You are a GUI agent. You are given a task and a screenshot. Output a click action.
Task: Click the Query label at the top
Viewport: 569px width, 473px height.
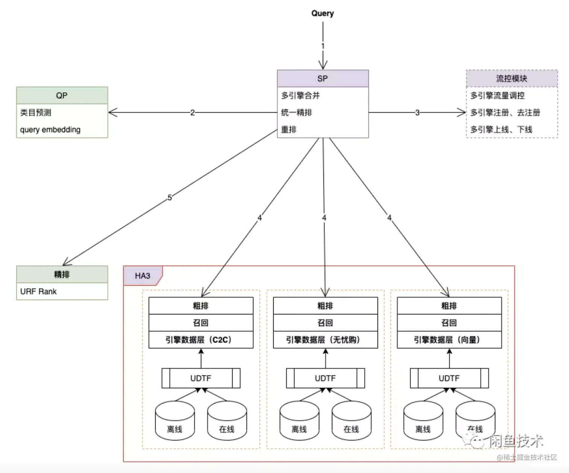tap(323, 14)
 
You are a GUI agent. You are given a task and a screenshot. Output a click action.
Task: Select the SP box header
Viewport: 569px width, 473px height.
tap(323, 79)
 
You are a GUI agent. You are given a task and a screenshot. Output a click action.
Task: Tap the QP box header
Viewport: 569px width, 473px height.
tap(62, 96)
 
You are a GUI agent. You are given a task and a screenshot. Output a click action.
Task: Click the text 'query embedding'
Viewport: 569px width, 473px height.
tap(50, 130)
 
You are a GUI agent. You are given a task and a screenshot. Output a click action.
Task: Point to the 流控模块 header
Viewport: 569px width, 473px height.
tap(511, 79)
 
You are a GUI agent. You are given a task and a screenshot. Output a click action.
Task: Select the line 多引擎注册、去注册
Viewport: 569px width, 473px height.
tap(505, 112)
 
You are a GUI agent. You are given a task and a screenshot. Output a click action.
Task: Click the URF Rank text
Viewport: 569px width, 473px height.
tap(38, 291)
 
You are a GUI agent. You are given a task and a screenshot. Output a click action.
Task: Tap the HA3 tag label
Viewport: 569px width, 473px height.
tap(143, 276)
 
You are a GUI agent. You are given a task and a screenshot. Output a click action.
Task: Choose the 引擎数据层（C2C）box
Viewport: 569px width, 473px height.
tap(201, 340)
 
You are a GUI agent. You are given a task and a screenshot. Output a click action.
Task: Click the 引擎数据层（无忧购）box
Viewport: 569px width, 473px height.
tap(325, 340)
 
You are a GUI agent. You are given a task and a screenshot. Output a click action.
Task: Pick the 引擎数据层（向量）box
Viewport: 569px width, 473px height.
tap(449, 340)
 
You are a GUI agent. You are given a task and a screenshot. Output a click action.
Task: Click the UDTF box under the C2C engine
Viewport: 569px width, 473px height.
tap(201, 378)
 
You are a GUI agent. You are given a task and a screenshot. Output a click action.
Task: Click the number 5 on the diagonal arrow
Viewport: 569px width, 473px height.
tap(170, 197)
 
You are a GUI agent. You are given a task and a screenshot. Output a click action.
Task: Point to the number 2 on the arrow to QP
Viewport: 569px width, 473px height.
tap(192, 112)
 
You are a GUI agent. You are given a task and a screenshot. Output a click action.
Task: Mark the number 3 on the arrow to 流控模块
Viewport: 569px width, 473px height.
tap(417, 112)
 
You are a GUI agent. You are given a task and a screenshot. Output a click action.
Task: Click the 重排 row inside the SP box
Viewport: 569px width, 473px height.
tap(289, 130)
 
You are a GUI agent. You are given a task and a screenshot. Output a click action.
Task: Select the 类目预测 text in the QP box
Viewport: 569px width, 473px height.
tap(36, 112)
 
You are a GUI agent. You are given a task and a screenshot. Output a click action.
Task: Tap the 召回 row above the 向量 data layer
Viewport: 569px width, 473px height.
tap(449, 323)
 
